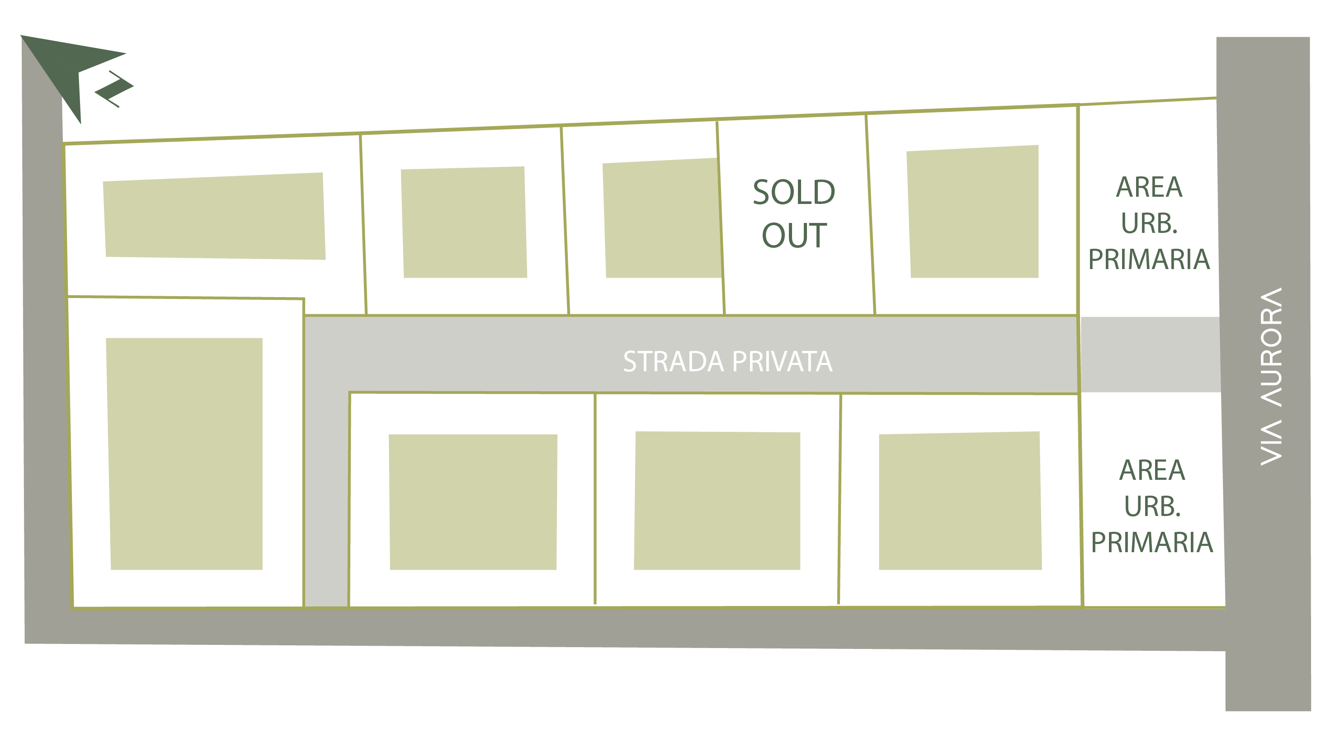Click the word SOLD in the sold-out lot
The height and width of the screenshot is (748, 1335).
pos(793,192)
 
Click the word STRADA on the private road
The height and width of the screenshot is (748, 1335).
pos(673,362)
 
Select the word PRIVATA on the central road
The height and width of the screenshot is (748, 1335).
pos(783,362)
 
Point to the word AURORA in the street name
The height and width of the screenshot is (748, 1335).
pos(1271,347)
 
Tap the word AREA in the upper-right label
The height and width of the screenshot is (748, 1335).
pos(1149,187)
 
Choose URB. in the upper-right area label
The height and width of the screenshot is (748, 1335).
pos(1149,223)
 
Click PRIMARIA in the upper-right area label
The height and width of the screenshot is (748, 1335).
pos(1149,259)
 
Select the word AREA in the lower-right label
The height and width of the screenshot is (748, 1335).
pos(1152,470)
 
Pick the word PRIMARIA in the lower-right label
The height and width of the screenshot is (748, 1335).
pos(1152,542)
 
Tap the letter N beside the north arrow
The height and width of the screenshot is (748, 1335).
pos(114,89)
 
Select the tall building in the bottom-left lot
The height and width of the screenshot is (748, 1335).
pos(185,454)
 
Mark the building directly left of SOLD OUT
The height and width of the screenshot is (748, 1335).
pos(662,219)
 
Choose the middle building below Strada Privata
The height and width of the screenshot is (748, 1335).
pos(717,501)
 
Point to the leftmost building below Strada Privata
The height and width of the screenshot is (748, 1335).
pos(472,502)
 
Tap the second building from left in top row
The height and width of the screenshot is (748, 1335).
pos(464,223)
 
